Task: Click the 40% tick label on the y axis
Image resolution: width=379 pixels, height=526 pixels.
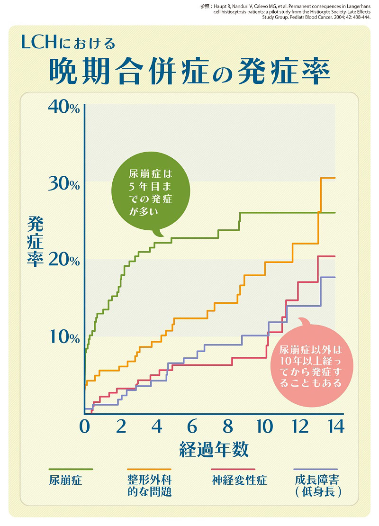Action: (64, 107)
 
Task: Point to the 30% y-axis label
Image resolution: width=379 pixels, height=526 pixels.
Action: (64, 184)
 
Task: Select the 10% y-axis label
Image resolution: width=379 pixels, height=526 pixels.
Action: (64, 337)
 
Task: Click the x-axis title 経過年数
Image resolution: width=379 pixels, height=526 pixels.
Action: (214, 449)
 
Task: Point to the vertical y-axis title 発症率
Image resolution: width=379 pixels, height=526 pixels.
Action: (35, 241)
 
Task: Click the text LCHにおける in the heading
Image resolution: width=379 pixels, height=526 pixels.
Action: (69, 44)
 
